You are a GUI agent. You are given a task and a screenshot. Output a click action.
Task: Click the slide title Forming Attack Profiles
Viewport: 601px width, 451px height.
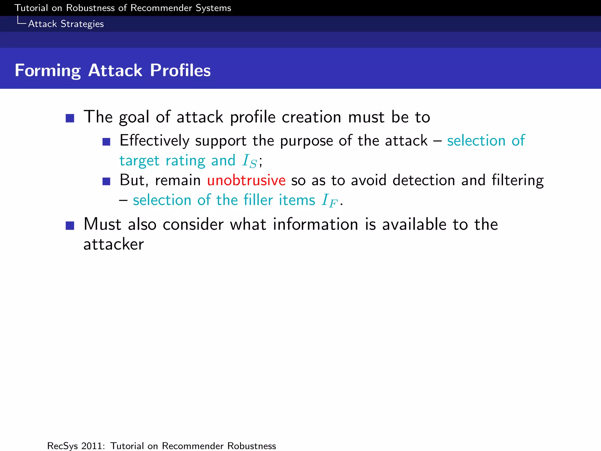coord(113,70)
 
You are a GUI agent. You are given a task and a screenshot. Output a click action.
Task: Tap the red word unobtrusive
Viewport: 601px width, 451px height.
coord(246,180)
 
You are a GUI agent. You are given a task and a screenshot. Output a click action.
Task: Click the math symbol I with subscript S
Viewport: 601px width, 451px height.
coord(249,161)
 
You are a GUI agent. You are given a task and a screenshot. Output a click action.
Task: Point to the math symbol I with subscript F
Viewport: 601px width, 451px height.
coord(329,201)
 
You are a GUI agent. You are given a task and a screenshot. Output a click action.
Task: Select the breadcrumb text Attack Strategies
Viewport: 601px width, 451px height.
coord(66,24)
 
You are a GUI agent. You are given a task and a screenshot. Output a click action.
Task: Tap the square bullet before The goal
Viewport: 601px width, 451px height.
coord(70,118)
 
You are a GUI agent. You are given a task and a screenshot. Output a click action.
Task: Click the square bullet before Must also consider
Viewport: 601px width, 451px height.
coord(70,225)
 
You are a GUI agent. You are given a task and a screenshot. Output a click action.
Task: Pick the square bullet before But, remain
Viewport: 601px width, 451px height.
coord(106,181)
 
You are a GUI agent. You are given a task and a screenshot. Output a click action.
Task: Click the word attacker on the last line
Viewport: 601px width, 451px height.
coord(114,244)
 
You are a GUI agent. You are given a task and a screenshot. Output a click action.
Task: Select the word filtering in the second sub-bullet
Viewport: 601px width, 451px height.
coord(518,180)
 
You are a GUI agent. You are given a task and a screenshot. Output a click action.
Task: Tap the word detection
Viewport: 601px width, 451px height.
coord(424,180)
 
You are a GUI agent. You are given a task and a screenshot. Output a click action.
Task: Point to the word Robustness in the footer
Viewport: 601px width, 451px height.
coord(251,446)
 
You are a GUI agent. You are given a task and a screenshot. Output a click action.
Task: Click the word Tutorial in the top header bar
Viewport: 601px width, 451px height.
coord(31,8)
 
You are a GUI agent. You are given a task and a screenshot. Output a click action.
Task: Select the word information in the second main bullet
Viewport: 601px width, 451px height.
coord(315,225)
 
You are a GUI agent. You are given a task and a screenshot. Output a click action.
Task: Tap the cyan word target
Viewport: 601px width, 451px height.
coord(139,161)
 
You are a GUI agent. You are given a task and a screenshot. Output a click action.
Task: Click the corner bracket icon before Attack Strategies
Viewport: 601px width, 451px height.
coord(21,21)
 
